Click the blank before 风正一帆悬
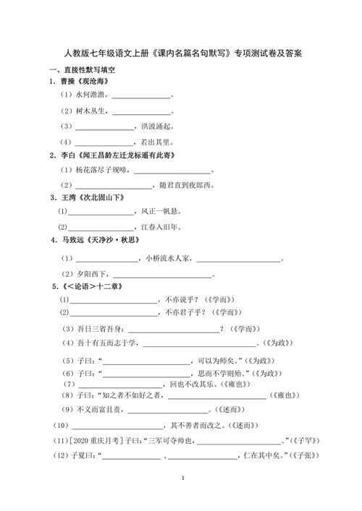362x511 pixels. click(101, 212)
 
